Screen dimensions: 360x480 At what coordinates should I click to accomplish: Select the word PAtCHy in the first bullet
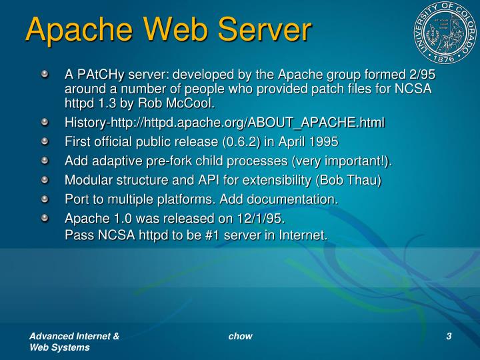pos(99,75)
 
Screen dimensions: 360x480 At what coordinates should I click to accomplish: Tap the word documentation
pos(293,199)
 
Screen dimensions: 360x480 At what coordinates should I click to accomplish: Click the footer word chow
pos(240,336)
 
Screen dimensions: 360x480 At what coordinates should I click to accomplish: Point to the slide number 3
pos(449,336)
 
